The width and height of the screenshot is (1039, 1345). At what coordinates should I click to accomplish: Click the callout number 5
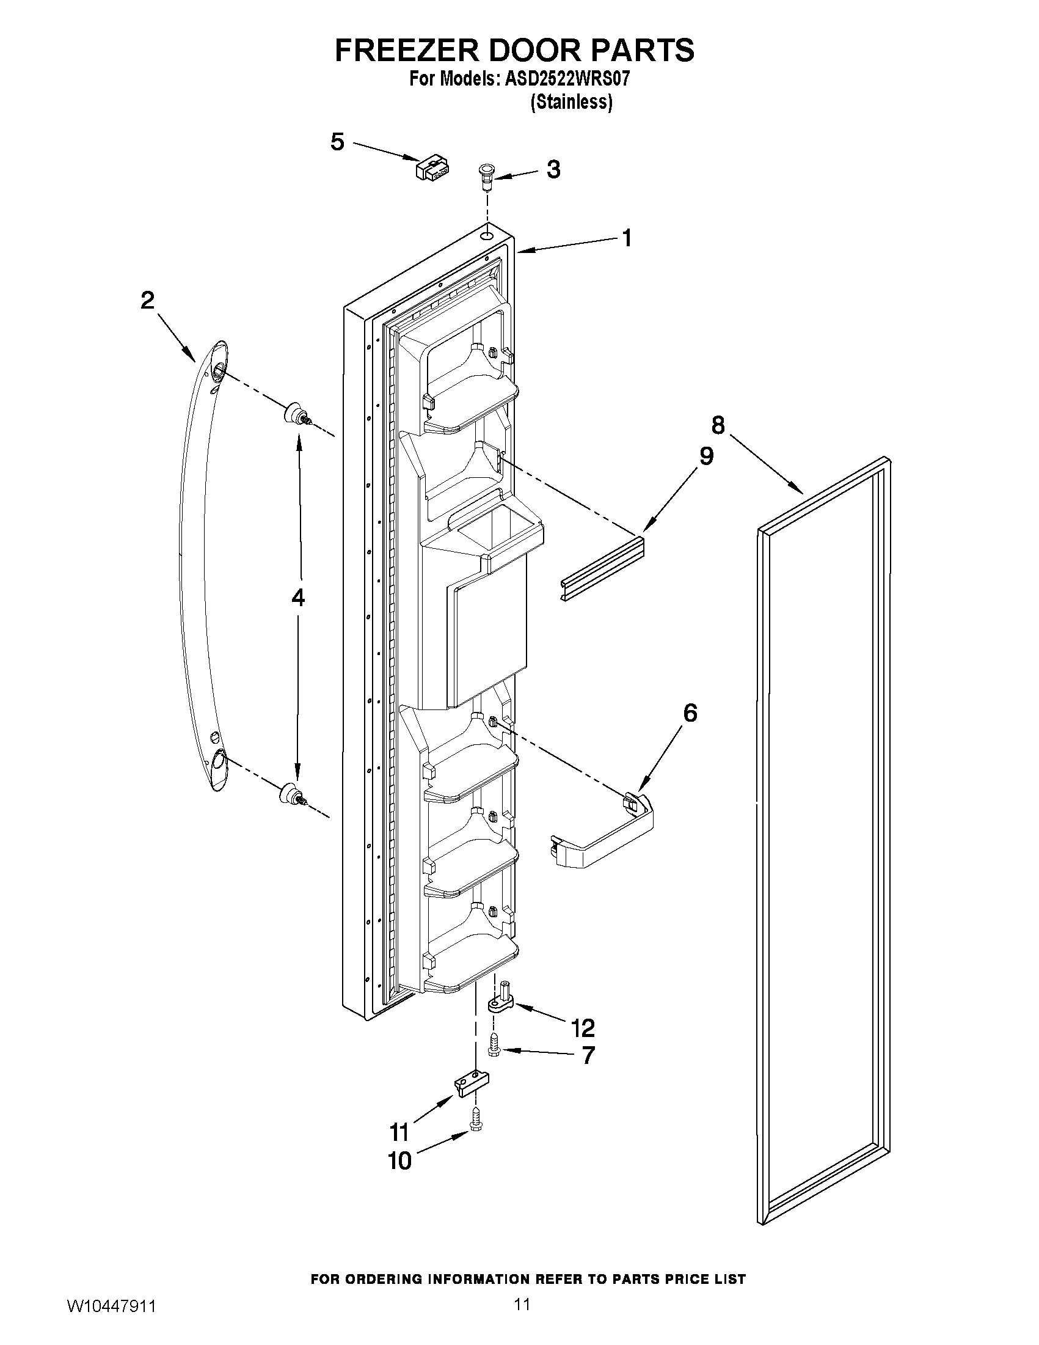[337, 142]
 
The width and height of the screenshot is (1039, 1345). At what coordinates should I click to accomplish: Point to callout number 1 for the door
[627, 238]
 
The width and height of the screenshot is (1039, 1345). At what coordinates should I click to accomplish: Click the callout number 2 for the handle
[148, 301]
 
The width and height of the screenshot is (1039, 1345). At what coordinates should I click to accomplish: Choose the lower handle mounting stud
[292, 794]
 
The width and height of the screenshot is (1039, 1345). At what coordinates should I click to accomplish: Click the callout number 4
[298, 598]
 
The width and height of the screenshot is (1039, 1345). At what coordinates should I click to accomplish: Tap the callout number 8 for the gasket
[718, 425]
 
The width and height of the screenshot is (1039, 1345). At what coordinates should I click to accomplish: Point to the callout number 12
[582, 1028]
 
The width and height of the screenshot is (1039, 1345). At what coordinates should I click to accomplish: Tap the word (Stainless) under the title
[571, 102]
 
